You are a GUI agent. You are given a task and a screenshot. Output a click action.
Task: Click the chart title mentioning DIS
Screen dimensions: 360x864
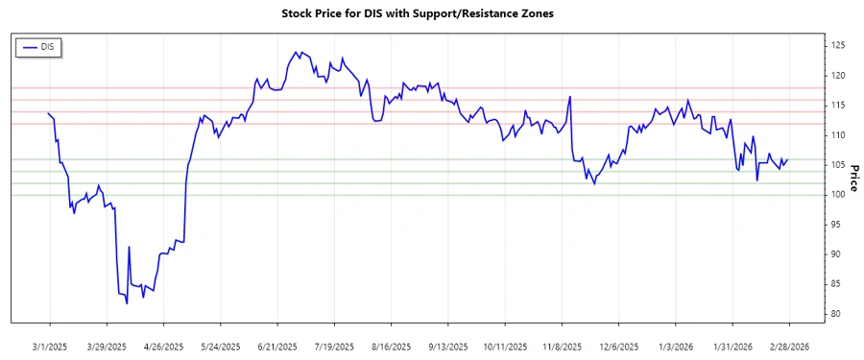point(431,13)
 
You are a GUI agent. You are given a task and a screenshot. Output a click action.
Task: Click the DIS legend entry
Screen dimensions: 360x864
point(39,46)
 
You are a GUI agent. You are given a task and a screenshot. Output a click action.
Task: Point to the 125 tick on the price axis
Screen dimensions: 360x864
point(838,45)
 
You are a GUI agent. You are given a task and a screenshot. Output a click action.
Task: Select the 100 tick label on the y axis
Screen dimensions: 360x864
point(838,195)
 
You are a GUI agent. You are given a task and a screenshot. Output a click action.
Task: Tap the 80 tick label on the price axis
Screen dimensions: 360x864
point(836,314)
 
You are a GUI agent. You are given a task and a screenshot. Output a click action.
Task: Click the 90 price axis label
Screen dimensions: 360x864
point(836,254)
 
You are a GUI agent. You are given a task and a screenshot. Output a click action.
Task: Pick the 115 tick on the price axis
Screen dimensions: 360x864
point(838,105)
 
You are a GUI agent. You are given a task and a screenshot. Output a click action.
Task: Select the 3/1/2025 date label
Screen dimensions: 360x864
point(50,347)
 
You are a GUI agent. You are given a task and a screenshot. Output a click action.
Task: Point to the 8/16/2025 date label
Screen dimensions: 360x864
point(391,347)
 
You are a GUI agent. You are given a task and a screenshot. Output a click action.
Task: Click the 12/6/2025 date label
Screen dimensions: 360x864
point(619,347)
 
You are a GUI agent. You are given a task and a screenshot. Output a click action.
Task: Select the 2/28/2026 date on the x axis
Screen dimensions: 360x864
point(789,347)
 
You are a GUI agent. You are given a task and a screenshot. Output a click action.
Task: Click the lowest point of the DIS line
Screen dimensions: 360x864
point(127,303)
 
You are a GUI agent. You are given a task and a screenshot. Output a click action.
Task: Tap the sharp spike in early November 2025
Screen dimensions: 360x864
point(570,96)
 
